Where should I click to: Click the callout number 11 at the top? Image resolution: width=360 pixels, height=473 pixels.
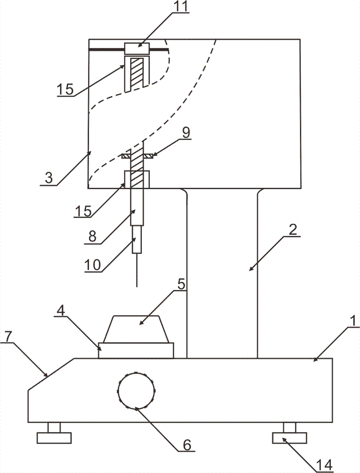point(180,7)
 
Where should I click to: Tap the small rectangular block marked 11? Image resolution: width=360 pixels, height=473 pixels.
point(137,49)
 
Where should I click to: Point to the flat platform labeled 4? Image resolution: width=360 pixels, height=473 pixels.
point(136,350)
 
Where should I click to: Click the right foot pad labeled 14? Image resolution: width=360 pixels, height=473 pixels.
point(290,438)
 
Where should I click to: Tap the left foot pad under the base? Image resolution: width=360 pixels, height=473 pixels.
point(54,438)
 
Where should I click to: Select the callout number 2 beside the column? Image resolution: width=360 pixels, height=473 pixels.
point(293,230)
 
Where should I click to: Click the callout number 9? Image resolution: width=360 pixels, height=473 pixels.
point(186,133)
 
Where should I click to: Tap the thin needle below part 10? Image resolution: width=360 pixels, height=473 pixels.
point(137,270)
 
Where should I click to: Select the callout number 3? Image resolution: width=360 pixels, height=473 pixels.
point(48,178)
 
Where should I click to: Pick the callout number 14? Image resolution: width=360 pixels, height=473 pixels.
point(325,465)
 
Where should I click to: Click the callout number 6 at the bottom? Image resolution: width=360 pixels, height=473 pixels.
point(187,445)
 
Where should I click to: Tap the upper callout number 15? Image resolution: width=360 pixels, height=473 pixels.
point(65,89)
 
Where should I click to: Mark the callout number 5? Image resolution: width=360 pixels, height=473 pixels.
point(181,284)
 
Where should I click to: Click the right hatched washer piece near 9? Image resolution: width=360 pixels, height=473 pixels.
point(149,156)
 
